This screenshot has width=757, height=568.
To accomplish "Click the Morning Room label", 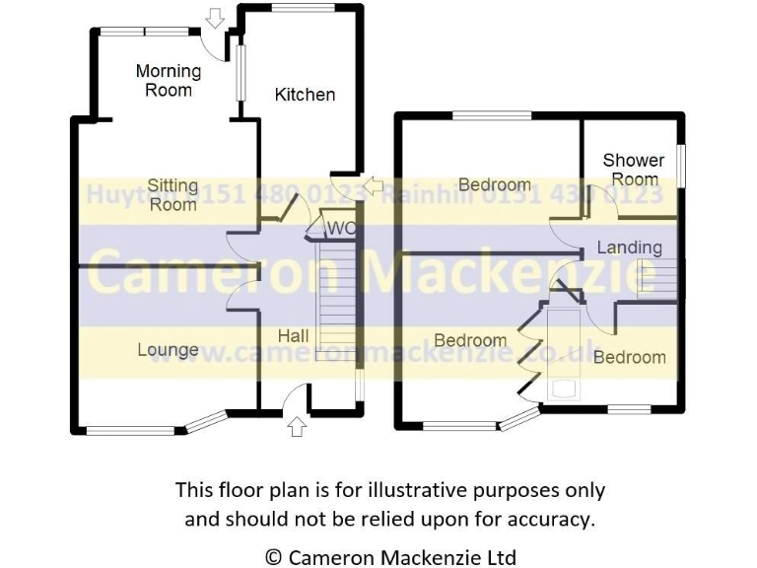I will point(169,81).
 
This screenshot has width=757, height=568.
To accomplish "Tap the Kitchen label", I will point(305,95).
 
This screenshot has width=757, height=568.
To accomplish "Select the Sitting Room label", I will point(173,195).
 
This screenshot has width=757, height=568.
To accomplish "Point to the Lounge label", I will point(168,350).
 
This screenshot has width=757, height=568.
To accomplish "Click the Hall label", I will point(293,336).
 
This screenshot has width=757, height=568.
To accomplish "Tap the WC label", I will point(340,229).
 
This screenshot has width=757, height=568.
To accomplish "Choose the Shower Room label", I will point(634,170).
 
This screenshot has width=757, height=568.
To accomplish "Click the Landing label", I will point(629,248).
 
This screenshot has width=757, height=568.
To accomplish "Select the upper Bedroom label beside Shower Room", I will point(494,185).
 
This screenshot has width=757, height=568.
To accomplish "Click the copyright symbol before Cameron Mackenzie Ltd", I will point(274,557).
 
